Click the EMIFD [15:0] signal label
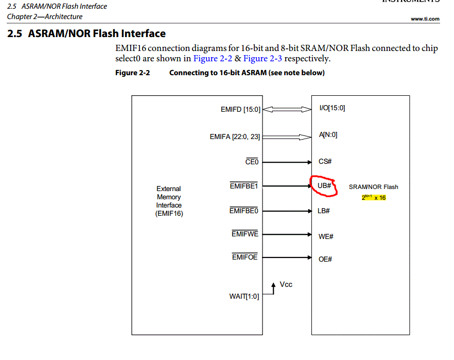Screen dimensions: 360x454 240,110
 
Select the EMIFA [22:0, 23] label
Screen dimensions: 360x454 235,137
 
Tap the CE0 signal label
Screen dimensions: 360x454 252,162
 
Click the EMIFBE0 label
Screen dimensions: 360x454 244,211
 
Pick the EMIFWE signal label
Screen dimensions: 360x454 245,234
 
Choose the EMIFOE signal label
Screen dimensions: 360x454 245,257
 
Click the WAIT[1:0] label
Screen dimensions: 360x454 244,296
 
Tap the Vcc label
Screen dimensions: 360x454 286,284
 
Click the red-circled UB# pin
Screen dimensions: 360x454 324,186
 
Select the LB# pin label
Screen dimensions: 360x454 324,211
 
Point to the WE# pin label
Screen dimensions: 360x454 326,236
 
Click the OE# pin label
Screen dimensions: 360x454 325,259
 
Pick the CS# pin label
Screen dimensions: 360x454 325,162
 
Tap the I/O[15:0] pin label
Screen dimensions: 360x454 332,108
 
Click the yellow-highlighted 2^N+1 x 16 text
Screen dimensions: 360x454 374,197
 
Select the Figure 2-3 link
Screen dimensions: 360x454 263,59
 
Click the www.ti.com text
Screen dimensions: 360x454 425,19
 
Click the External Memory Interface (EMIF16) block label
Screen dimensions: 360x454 169,201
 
